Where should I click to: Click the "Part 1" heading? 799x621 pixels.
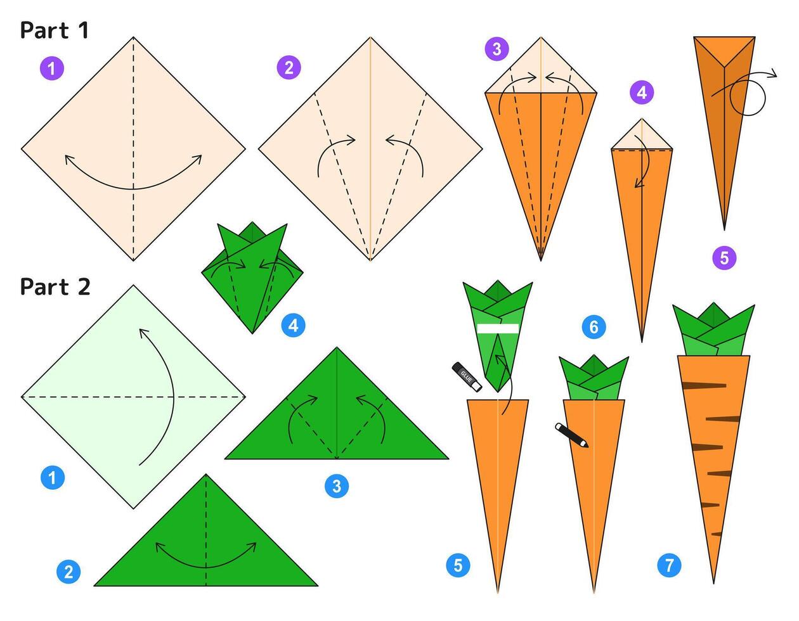(x=55, y=30)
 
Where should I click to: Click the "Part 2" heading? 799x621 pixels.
(x=55, y=286)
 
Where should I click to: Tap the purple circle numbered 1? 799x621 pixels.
(x=52, y=68)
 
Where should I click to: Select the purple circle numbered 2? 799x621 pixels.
(x=289, y=67)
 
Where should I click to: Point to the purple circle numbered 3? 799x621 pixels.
(x=497, y=49)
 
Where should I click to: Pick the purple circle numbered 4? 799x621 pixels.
(x=642, y=93)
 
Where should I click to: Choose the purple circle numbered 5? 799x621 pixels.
(x=724, y=258)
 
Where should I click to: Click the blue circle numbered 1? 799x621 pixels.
(x=53, y=478)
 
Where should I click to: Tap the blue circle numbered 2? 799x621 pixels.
(x=68, y=572)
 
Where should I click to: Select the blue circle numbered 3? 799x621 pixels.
(x=337, y=486)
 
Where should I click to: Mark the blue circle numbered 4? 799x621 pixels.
(x=293, y=325)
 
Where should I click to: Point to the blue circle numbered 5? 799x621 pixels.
(x=458, y=565)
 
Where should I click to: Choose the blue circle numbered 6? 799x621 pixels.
(x=594, y=327)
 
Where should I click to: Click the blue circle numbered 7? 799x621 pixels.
(x=669, y=565)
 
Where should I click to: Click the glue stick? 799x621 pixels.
(x=467, y=377)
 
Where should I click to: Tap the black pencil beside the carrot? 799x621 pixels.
(x=571, y=435)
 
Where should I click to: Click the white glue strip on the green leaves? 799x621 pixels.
(x=498, y=328)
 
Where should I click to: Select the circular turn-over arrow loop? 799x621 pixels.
(x=748, y=98)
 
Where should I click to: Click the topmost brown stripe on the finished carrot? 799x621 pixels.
(x=704, y=385)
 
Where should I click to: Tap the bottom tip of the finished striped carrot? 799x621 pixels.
(x=713, y=583)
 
